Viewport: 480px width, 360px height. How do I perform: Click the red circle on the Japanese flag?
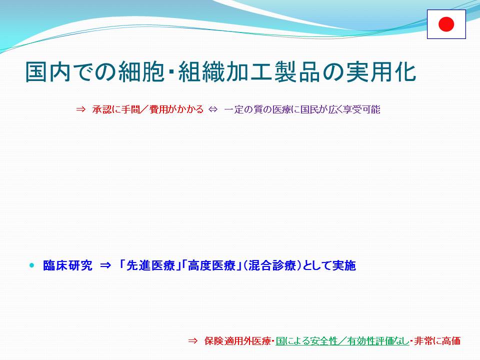446,24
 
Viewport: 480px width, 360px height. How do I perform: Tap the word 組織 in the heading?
202,72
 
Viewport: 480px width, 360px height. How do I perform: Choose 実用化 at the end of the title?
381,72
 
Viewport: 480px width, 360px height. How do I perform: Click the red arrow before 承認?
80,109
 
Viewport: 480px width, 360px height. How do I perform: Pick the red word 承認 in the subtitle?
101,109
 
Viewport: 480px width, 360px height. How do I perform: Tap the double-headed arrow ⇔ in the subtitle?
213,109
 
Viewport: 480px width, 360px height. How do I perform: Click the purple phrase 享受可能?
361,109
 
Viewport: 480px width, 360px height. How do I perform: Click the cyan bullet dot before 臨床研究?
32,265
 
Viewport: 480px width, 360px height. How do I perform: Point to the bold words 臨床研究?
67,265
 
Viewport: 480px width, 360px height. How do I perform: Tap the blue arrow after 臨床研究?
105,265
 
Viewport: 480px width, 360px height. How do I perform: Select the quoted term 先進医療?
150,265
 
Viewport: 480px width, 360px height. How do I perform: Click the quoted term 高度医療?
211,265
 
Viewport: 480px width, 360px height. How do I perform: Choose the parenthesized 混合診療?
272,265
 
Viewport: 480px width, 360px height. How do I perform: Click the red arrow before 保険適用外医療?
193,340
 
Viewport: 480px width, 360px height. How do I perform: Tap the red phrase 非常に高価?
437,340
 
